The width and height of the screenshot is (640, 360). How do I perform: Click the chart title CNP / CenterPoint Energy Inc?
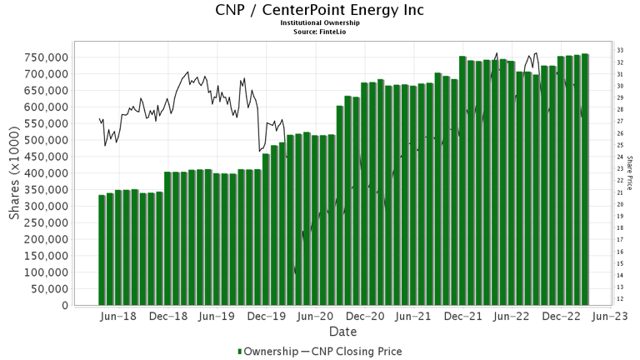point(319,11)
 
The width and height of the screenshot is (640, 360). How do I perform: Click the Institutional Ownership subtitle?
point(319,24)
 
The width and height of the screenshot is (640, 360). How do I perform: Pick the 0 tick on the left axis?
point(64,306)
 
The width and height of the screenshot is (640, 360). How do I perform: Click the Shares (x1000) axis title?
point(16,180)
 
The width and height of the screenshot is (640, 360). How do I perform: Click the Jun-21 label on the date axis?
point(414,317)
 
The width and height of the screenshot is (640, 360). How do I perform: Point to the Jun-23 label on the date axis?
point(611,317)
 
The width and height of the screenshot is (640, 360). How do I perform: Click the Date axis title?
point(342,332)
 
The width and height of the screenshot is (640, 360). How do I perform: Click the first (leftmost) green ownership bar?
point(102,250)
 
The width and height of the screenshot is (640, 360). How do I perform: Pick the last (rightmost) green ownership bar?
point(585,179)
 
